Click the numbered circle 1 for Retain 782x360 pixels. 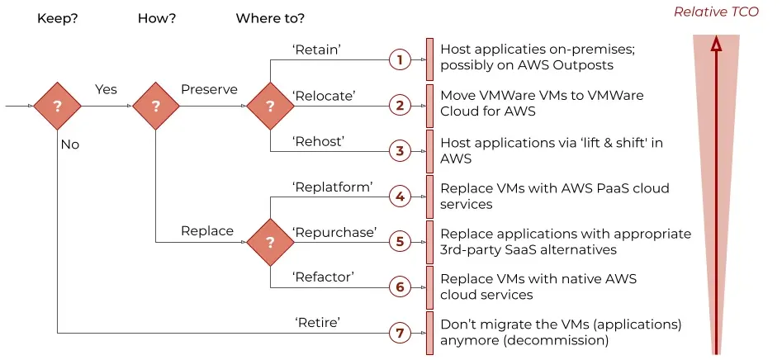tap(400, 59)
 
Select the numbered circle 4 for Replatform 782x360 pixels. tap(400, 197)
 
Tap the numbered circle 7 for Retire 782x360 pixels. tap(400, 333)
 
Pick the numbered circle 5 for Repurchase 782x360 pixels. tap(400, 242)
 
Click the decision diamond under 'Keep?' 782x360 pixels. tap(57, 106)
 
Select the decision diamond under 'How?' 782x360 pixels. tap(156, 106)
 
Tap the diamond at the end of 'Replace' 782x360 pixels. tap(270, 242)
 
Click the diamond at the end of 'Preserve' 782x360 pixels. tap(270, 106)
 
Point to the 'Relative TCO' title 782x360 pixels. tap(716, 12)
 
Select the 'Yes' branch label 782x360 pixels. tap(106, 89)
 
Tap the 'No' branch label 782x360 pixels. tap(70, 144)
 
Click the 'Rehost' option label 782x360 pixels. tap(318, 141)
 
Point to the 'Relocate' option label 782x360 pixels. tap(324, 96)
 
